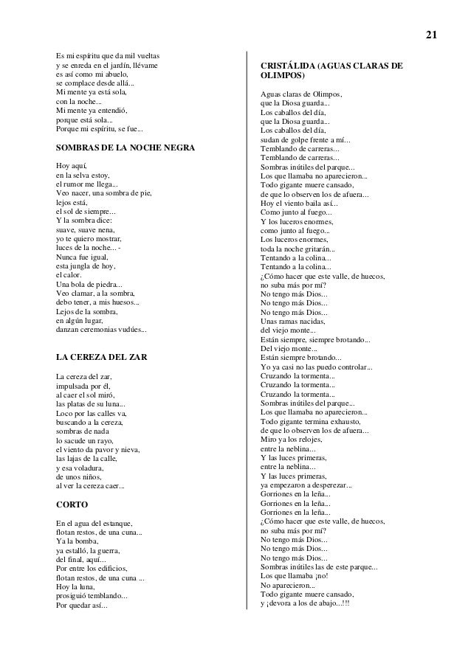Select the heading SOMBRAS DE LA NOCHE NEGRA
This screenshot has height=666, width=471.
click(x=126, y=148)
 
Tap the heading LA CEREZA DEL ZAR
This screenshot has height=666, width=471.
click(x=102, y=357)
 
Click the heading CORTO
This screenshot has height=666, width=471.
click(x=72, y=505)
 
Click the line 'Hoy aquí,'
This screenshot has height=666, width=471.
click(x=72, y=166)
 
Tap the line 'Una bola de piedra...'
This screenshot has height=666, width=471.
click(x=89, y=285)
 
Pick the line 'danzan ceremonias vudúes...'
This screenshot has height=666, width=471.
click(x=101, y=330)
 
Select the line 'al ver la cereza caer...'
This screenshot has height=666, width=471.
click(x=90, y=486)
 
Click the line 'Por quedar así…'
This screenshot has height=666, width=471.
click(x=81, y=606)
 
